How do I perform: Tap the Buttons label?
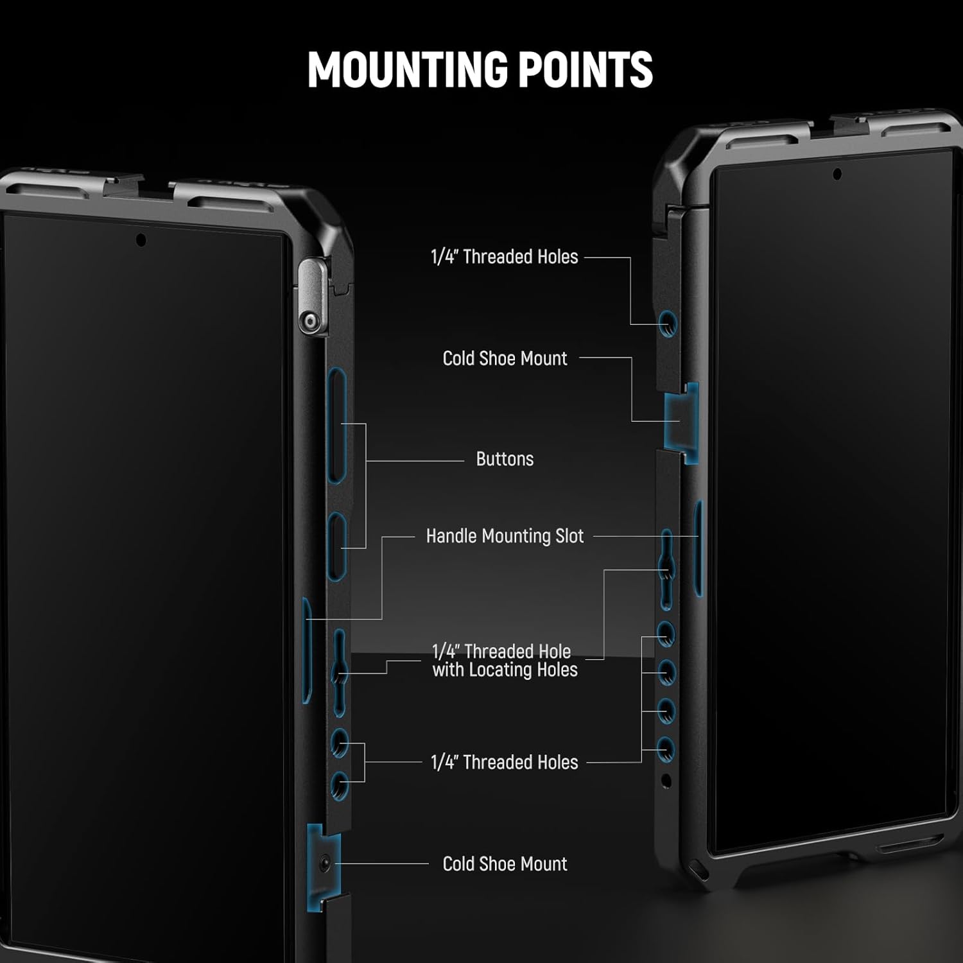[505, 459]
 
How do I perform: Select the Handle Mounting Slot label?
[505, 536]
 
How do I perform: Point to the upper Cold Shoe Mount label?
[505, 358]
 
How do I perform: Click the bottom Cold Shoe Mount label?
[505, 864]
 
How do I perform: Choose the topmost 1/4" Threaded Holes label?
[505, 257]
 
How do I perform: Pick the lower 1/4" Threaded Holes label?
[505, 763]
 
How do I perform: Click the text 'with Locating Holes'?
[505, 670]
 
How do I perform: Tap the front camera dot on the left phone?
[141, 240]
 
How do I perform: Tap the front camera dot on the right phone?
[837, 174]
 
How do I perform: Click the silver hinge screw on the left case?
[311, 321]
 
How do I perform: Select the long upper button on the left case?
[337, 424]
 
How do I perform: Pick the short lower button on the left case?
[337, 546]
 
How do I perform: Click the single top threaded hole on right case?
[668, 324]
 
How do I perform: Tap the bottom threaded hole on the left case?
[340, 784]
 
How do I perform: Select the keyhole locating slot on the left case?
[340, 673]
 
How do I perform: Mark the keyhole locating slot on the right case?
[667, 568]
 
